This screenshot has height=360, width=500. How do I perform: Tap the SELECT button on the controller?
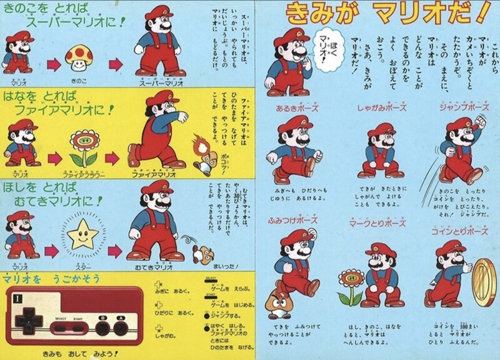point(61,322)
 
